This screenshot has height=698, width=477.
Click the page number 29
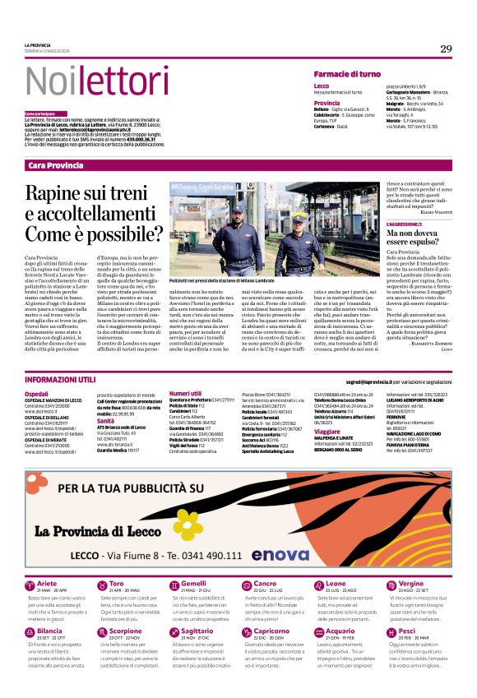(445, 49)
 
